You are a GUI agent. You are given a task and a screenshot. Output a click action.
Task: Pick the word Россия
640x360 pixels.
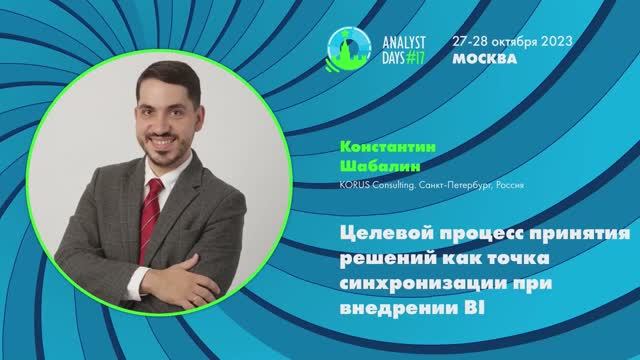point(510,184)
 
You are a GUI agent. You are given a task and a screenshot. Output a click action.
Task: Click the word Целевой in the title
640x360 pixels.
point(372,233)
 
